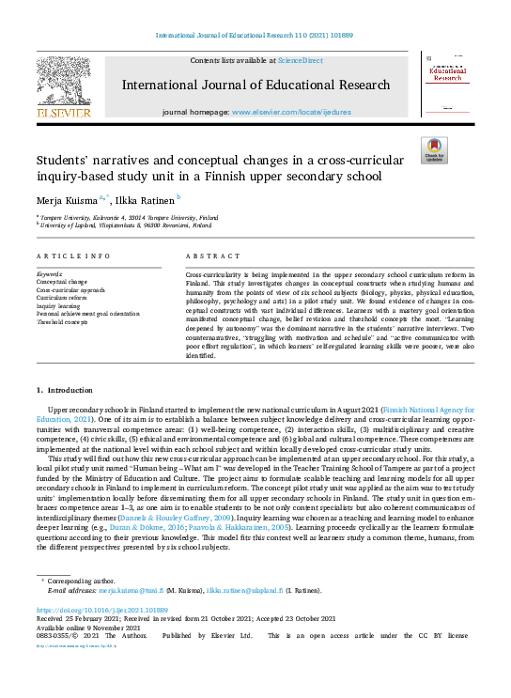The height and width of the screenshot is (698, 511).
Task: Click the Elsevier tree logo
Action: coord(64,85)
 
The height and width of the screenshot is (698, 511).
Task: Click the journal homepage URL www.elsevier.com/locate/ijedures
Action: coord(300,111)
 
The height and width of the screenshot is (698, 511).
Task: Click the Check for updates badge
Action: coord(434,150)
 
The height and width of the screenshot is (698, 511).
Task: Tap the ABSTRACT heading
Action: coord(208,256)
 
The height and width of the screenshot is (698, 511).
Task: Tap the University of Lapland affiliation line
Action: coord(126,225)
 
